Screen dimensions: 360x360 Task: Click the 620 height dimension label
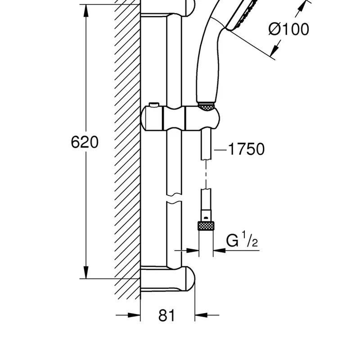coord(85,142)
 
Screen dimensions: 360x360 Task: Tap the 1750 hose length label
coord(246,149)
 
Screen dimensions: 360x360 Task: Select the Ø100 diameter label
coord(289,29)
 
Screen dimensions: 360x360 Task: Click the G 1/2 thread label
coord(242,239)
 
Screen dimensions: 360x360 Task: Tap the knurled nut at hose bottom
coord(206,226)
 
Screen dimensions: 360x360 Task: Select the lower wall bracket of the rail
coord(167,279)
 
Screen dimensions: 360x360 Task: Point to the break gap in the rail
coord(174,198)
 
